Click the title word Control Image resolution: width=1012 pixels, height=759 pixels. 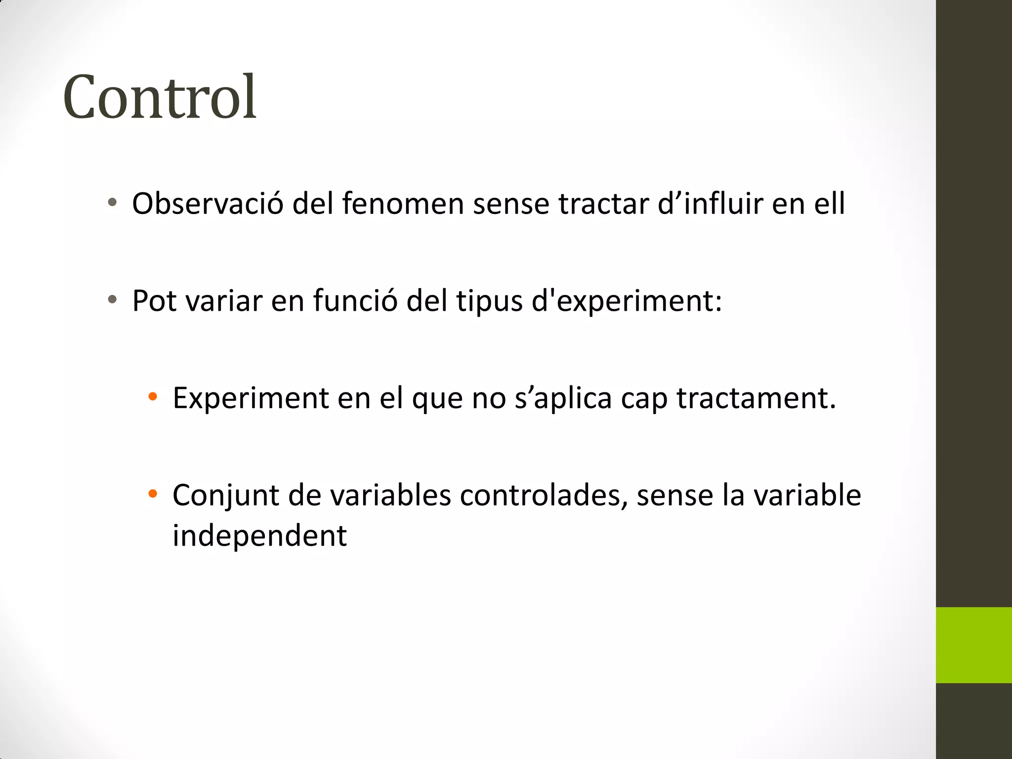[160, 97]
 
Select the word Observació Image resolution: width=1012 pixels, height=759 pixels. [208, 204]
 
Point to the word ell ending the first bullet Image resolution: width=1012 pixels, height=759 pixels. [830, 204]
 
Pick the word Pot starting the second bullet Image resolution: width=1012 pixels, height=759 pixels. [154, 300]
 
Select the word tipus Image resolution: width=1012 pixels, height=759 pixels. [489, 301]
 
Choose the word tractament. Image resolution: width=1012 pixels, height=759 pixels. [756, 398]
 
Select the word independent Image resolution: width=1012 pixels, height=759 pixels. [259, 535]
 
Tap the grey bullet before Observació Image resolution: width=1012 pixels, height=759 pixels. [112, 202]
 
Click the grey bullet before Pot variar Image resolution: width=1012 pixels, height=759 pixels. [112, 299]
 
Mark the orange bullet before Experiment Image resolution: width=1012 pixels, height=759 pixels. [153, 396]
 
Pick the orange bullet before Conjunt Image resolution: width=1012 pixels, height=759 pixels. [153, 493]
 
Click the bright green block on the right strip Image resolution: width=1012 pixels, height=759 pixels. [973, 645]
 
